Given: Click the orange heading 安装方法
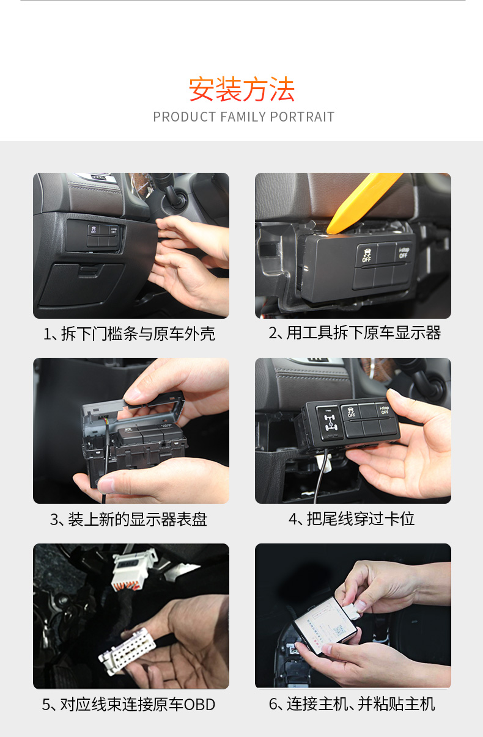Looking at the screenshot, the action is (242, 89).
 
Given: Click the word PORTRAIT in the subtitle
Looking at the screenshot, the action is (302, 117).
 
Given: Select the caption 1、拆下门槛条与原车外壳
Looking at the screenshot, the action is (129, 333).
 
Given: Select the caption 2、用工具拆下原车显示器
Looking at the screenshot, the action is (355, 333).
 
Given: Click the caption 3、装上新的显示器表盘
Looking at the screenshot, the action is (128, 519).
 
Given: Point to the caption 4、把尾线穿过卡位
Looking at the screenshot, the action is (352, 519).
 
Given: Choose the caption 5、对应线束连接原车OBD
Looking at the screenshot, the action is (128, 705).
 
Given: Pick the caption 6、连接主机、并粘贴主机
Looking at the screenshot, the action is (352, 704).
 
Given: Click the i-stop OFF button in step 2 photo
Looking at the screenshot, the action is (404, 252).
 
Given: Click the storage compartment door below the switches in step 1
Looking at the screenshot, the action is (81, 283).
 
